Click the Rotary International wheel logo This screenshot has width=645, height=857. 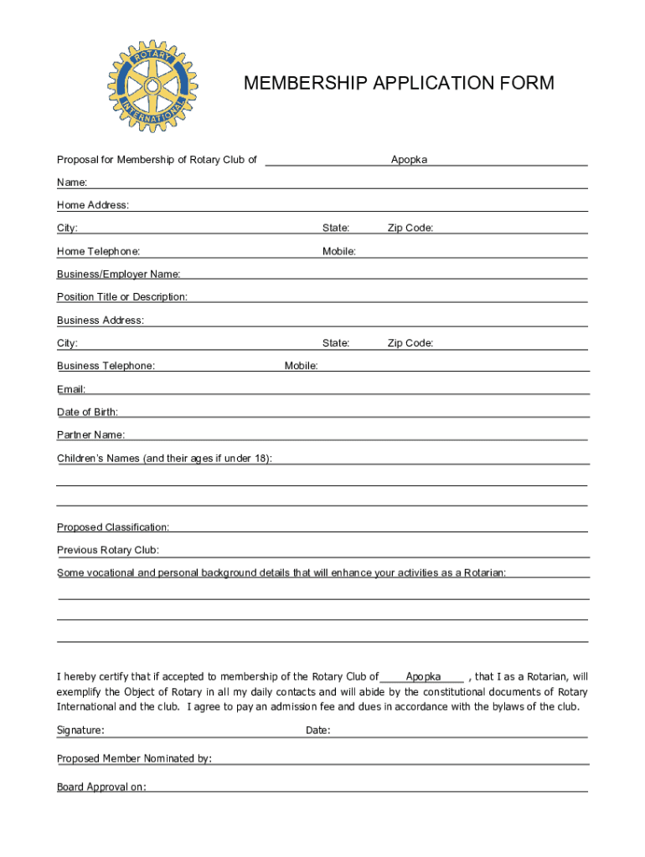click(x=152, y=85)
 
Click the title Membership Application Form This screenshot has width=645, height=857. click(x=399, y=83)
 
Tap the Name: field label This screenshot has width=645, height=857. click(x=72, y=182)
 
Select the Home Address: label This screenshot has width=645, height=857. click(x=93, y=205)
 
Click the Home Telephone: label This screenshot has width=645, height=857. click(x=98, y=251)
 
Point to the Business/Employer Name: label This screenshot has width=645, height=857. click(x=118, y=274)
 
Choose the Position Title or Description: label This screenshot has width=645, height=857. click(x=122, y=296)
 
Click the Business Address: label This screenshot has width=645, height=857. click(x=101, y=320)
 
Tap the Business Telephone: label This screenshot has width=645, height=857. click(x=106, y=366)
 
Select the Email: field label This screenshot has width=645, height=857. click(x=71, y=389)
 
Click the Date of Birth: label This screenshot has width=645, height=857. click(x=87, y=412)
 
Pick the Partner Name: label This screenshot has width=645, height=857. click(x=90, y=434)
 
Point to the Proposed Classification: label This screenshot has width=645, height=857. click(x=113, y=527)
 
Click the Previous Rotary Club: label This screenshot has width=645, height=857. click(x=108, y=550)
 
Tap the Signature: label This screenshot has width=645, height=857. click(x=80, y=731)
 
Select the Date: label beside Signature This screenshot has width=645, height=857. click(x=317, y=731)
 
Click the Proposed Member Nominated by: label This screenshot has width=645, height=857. click(x=134, y=758)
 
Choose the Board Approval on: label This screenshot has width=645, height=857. click(x=101, y=787)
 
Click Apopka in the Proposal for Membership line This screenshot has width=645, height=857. click(x=409, y=160)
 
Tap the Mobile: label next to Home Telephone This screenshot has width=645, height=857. click(x=339, y=251)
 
